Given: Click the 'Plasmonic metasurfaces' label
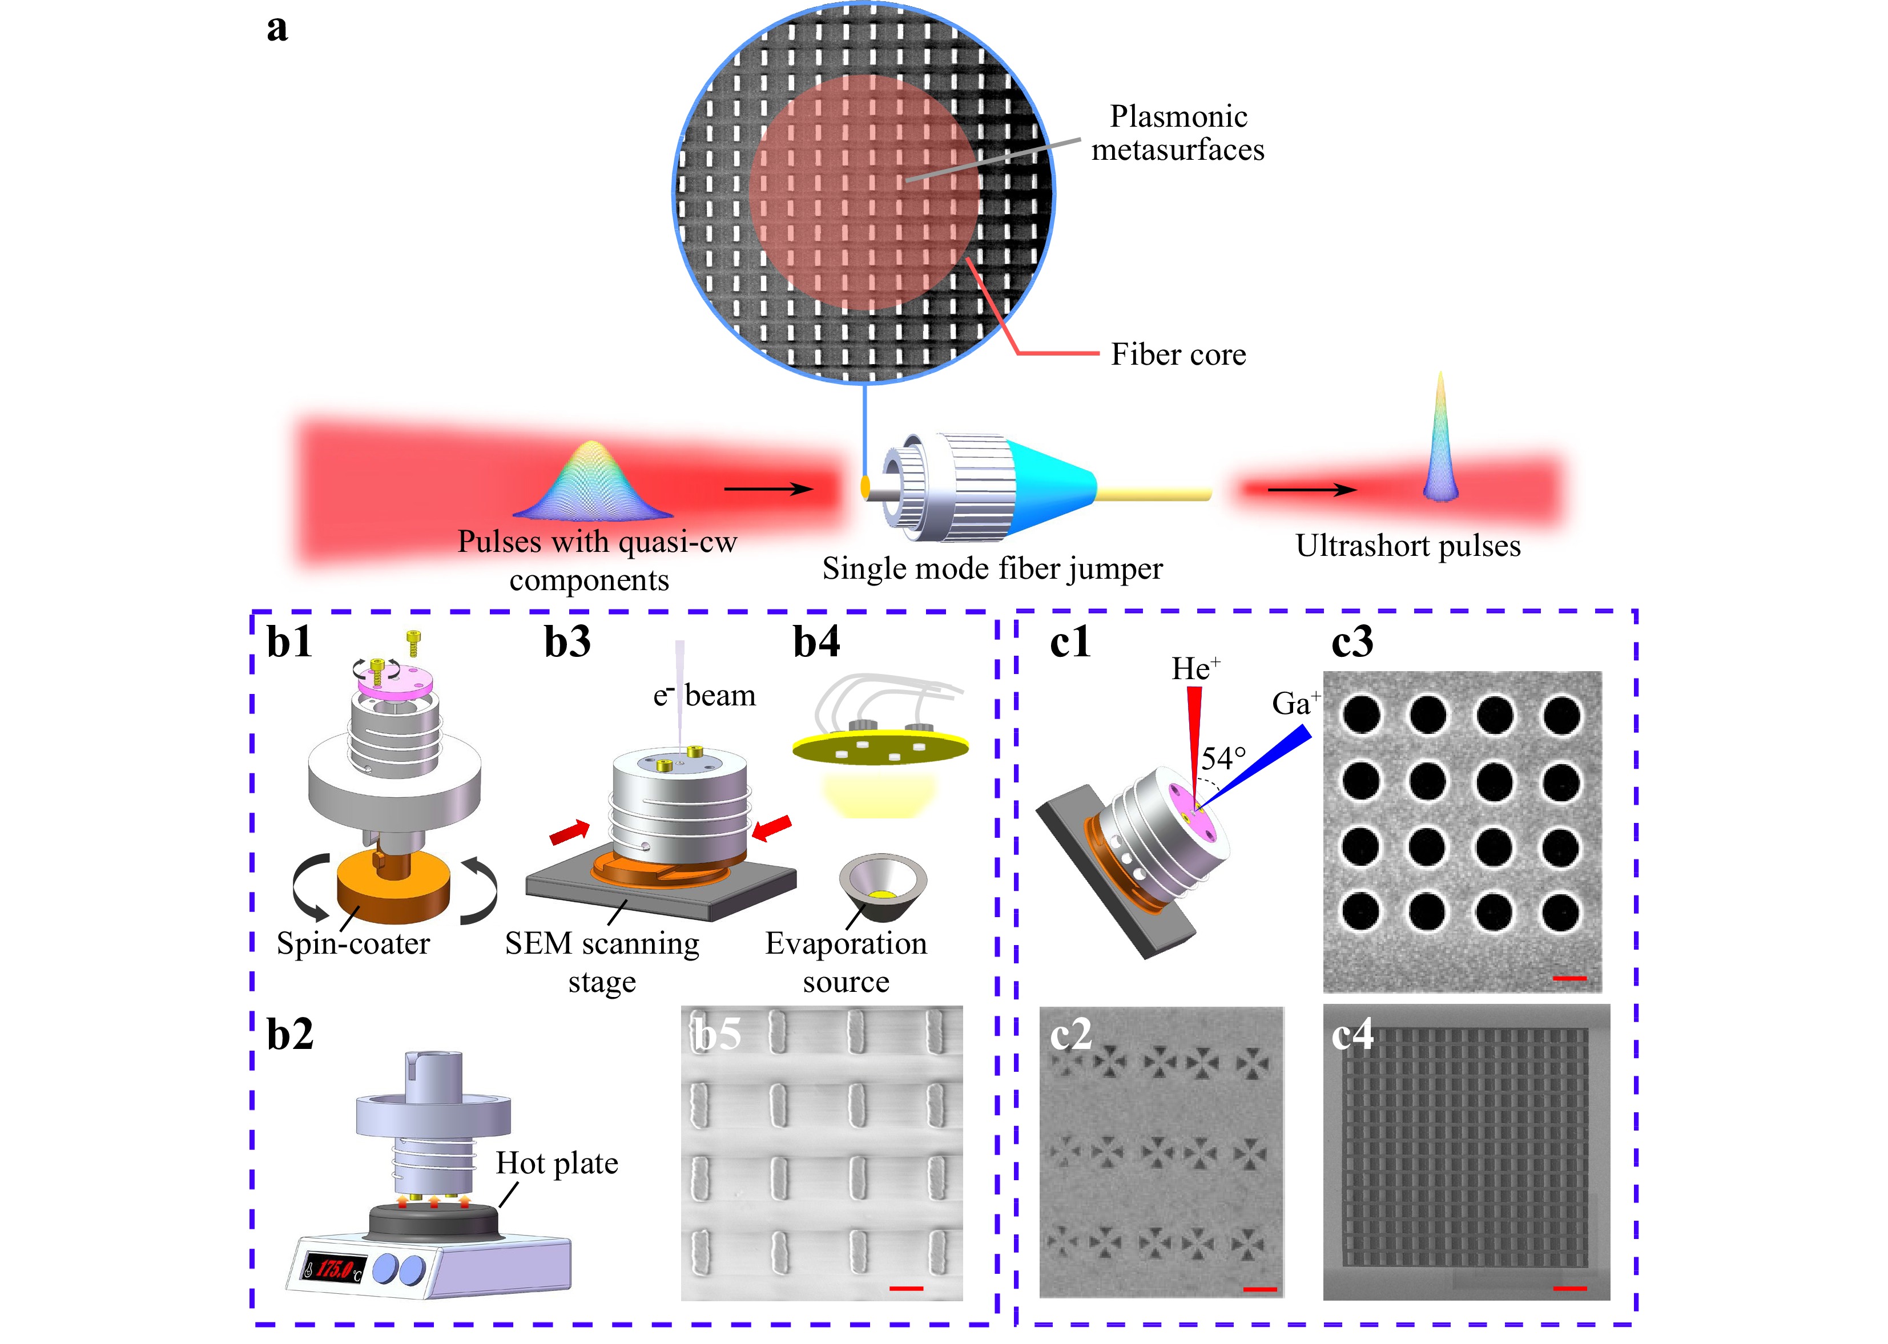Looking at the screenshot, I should click(x=1177, y=133).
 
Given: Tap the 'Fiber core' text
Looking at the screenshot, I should click(x=1178, y=355).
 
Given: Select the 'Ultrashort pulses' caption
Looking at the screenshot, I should click(x=1408, y=546).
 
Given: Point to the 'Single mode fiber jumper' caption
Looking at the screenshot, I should click(x=992, y=568).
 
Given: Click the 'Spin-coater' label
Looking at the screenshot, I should click(x=353, y=943).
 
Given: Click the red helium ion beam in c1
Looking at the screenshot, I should click(x=1194, y=728).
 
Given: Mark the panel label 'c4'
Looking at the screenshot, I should click(x=1352, y=1034).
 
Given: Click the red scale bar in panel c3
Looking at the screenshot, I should click(x=1569, y=978).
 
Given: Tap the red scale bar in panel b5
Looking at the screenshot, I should click(x=907, y=1289).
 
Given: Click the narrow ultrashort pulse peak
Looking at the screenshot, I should click(x=1440, y=439).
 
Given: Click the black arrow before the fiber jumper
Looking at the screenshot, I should click(x=768, y=489).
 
